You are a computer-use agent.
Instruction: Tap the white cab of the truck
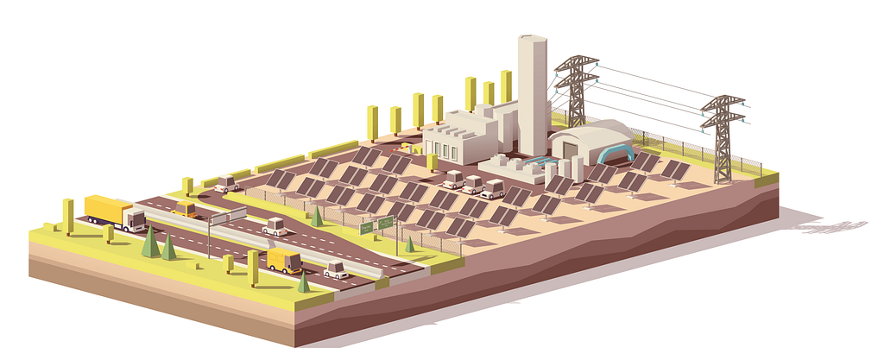[135, 219]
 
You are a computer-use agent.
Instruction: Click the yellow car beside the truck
[184, 208]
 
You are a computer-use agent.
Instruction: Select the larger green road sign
[384, 223]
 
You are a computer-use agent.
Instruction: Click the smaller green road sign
[367, 228]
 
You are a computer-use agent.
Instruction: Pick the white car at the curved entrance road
[228, 183]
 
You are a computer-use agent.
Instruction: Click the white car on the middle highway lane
[275, 226]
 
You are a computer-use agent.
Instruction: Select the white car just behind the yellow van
[335, 269]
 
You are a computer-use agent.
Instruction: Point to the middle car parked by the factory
[472, 184]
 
